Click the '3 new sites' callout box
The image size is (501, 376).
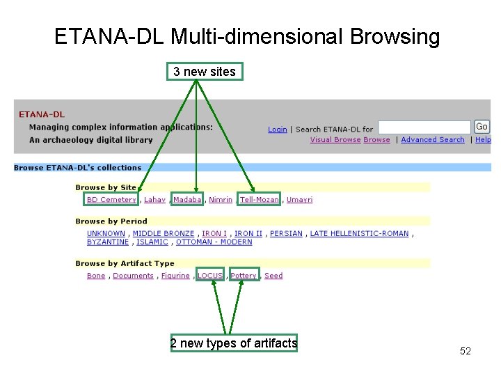tap(205, 72)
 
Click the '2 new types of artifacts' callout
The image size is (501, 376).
tap(234, 343)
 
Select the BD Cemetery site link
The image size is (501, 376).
tap(111, 200)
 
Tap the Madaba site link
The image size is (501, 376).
tap(187, 200)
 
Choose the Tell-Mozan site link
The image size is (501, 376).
tap(259, 200)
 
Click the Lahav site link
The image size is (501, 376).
tap(154, 200)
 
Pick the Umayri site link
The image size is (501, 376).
tap(299, 200)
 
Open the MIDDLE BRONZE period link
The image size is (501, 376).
tap(164, 234)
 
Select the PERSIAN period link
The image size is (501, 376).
tap(286, 234)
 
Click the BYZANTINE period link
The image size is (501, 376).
tap(108, 242)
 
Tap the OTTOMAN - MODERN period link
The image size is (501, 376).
tap(214, 242)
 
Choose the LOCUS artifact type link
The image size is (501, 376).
tap(210, 276)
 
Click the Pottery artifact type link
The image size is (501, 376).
tap(244, 276)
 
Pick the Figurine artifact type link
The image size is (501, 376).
tap(175, 276)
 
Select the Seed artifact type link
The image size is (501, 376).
tap(273, 276)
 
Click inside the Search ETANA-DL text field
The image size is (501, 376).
tap(424, 127)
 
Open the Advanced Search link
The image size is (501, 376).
tap(432, 140)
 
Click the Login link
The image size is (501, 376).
tap(277, 130)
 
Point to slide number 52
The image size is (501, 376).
tap(466, 352)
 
